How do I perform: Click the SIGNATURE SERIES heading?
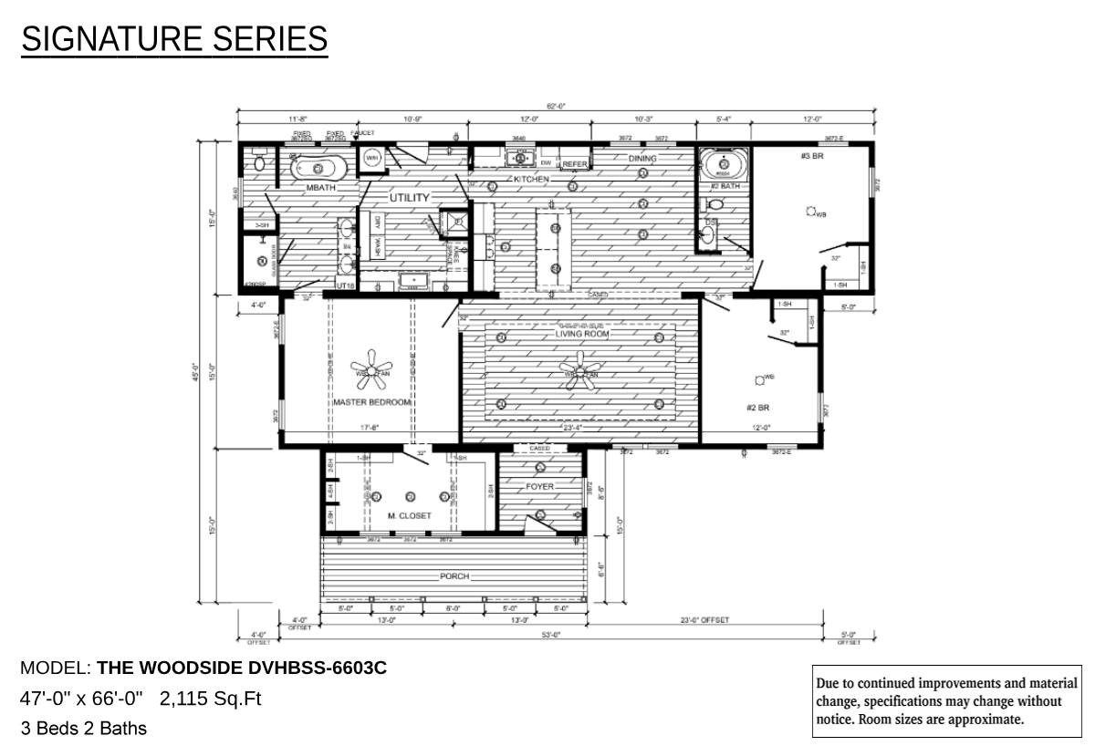pyautogui.click(x=174, y=39)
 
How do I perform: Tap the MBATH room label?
pyautogui.click(x=321, y=187)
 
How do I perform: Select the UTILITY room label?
pyautogui.click(x=409, y=197)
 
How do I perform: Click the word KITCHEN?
pyautogui.click(x=531, y=180)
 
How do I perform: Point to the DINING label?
pyautogui.click(x=641, y=159)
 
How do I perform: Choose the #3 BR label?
pyautogui.click(x=813, y=156)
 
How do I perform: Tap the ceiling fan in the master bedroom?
pyautogui.click(x=370, y=368)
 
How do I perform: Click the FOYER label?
pyautogui.click(x=540, y=487)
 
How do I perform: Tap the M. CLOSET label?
pyautogui.click(x=409, y=516)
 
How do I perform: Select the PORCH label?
pyautogui.click(x=454, y=576)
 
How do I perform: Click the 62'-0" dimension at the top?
pyautogui.click(x=556, y=107)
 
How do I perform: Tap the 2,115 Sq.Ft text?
pyautogui.click(x=210, y=699)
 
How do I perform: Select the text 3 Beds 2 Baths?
pyautogui.click(x=83, y=728)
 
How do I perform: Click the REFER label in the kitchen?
pyautogui.click(x=575, y=164)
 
